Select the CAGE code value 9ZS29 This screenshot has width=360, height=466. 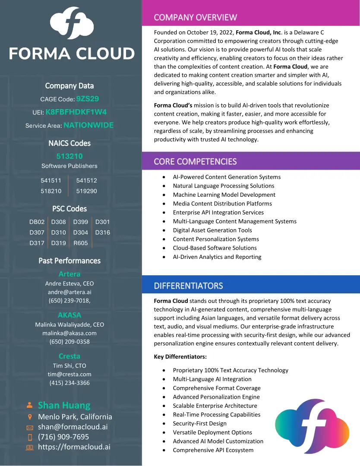(88, 99)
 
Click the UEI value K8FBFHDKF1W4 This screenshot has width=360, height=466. (76, 112)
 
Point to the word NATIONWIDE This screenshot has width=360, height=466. (88, 126)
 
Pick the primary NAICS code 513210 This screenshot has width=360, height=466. (69, 156)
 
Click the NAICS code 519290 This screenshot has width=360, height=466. (87, 191)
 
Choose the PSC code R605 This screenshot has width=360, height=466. (81, 243)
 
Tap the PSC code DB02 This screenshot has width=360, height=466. (37, 222)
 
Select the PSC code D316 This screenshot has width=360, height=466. (103, 233)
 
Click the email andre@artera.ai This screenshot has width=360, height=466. (69, 292)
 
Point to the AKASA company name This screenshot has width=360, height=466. (69, 315)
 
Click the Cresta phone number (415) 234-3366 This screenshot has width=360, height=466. (69, 383)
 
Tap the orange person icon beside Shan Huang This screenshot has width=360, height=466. (29, 405)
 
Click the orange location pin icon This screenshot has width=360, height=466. (29, 417)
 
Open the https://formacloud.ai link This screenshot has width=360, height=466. (74, 447)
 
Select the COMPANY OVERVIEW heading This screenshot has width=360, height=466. (196, 18)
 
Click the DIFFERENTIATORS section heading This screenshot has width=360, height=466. (189, 286)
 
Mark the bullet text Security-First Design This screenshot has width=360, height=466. (200, 423)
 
